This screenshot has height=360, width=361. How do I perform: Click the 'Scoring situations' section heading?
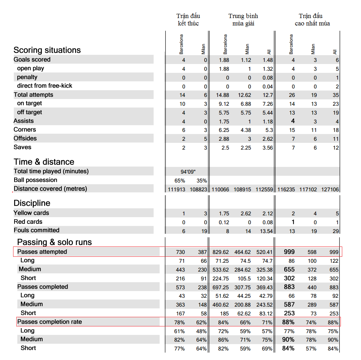47,50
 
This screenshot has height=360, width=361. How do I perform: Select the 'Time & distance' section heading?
44,162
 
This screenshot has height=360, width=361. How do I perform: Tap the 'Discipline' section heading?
32,203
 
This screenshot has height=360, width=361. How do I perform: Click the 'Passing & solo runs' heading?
55,242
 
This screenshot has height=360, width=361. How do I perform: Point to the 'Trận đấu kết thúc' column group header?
188,20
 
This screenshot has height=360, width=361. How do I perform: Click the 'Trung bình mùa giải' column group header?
243,20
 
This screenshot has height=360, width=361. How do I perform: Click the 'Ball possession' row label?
35,180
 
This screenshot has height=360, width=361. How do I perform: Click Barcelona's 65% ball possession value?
180,181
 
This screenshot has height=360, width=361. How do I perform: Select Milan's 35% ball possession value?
202,181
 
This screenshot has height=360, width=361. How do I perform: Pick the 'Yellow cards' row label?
31,213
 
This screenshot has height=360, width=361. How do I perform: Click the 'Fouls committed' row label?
36,230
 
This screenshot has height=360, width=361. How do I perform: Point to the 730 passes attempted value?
180,252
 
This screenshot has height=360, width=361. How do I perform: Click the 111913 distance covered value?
176,189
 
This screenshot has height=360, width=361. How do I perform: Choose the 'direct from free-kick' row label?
45,86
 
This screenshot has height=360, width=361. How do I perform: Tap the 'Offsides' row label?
25,138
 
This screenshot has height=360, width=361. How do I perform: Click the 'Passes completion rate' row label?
50,322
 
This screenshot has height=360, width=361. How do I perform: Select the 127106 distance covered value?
330,189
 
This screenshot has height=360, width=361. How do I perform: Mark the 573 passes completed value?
180,287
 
